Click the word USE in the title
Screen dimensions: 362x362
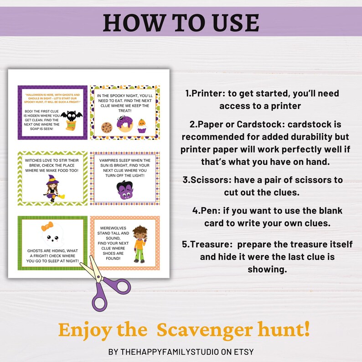[233, 22]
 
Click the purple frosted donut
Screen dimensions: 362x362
[124, 123]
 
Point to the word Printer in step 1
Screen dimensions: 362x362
[207, 93]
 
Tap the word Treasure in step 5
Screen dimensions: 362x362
[208, 244]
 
